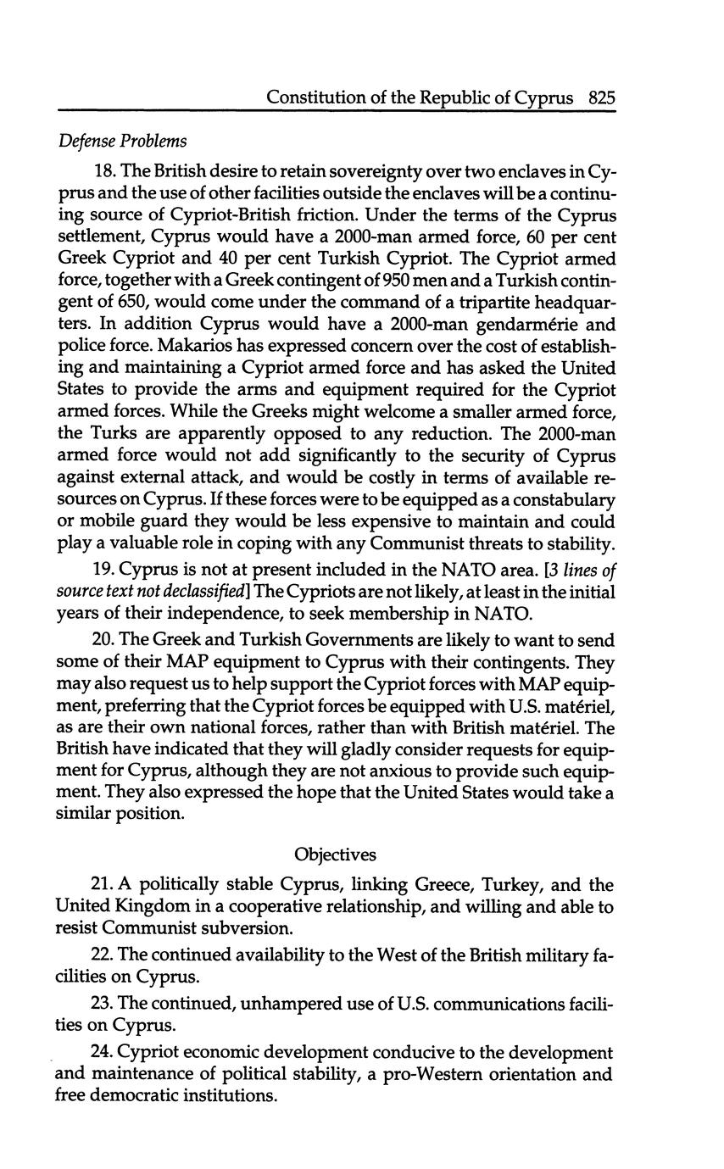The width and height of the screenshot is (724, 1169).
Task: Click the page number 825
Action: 600,97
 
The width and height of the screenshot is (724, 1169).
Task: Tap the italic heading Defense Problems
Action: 122,140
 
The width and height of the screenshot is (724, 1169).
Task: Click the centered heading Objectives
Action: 335,854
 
